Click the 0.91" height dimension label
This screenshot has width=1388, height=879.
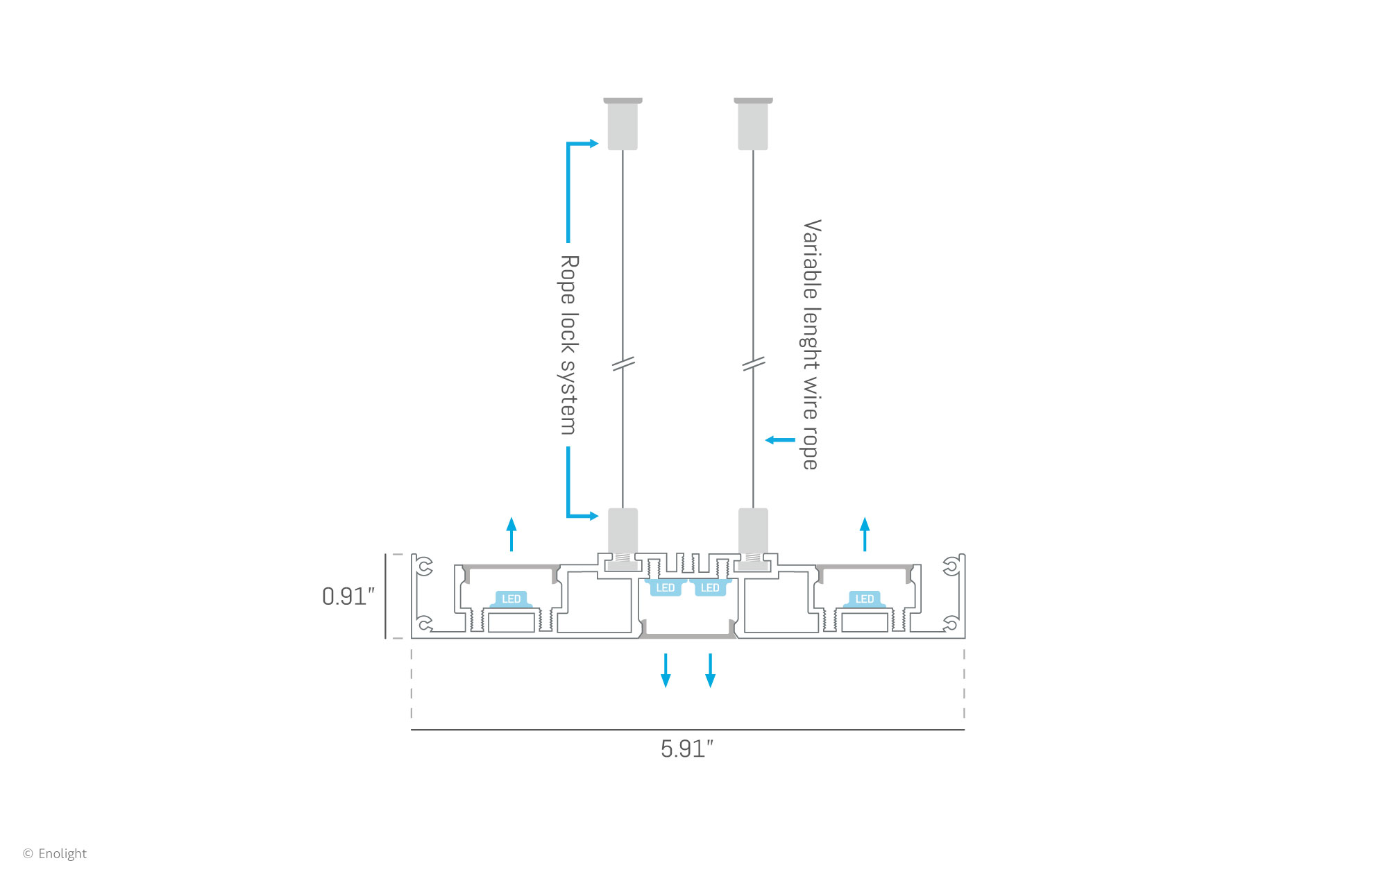pos(348,596)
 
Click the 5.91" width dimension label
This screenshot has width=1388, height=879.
pos(686,749)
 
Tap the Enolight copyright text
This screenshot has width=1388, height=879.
pos(56,853)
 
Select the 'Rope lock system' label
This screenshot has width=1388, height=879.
pos(569,344)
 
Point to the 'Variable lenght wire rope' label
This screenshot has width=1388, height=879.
pos(811,344)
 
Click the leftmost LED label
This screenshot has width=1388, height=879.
pos(511,598)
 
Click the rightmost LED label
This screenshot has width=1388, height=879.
pos(865,598)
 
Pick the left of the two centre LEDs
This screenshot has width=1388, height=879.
pos(666,588)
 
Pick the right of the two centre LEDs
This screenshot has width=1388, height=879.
pos(710,588)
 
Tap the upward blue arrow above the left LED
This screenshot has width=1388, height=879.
pos(511,534)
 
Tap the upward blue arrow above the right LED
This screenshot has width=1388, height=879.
pos(865,534)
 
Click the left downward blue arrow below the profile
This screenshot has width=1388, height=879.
pos(666,670)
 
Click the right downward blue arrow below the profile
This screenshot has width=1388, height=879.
pos(710,670)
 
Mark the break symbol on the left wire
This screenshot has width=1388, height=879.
pos(623,364)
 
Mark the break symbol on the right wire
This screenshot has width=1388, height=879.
pos(754,364)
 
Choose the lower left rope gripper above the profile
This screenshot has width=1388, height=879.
pos(623,531)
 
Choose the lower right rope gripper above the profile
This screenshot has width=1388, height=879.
pos(753,531)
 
